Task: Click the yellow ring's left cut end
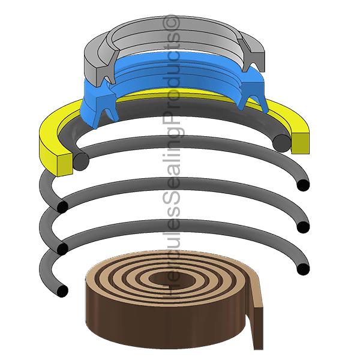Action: pyautogui.click(x=65, y=165)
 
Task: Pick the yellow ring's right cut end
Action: pyautogui.click(x=301, y=143)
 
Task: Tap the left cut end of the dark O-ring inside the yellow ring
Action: pyautogui.click(x=81, y=161)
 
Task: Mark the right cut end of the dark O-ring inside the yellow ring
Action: pyautogui.click(x=283, y=143)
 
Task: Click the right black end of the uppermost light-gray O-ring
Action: pyautogui.click(x=303, y=185)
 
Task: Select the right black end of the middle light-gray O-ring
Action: pyautogui.click(x=303, y=227)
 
